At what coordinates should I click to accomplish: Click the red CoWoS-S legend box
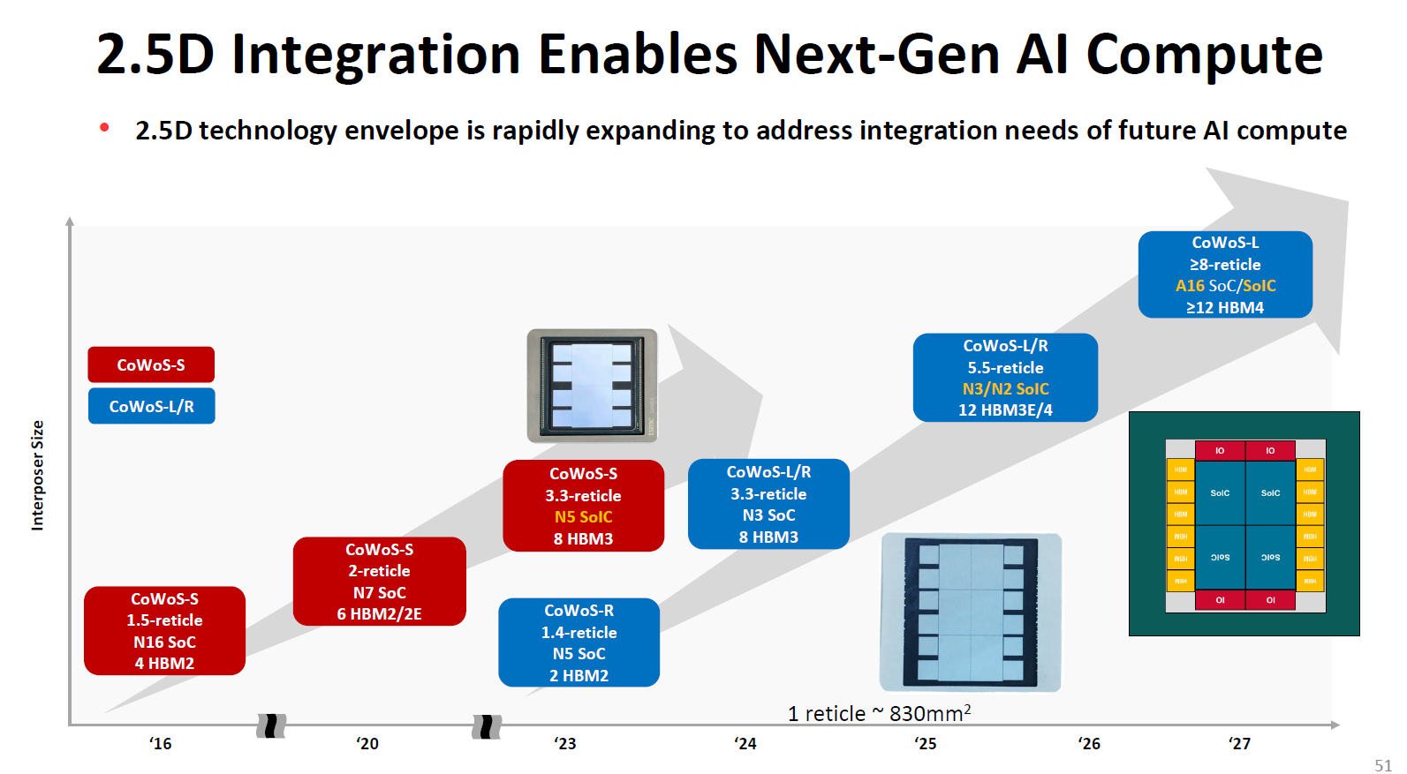point(151,364)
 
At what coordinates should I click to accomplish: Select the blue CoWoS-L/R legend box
point(151,406)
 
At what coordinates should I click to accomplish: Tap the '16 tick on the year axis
point(160,744)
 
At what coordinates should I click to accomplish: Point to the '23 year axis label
point(564,744)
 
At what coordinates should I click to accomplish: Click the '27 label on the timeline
point(1239,744)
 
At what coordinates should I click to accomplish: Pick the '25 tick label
point(925,744)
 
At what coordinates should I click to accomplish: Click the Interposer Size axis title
point(37,475)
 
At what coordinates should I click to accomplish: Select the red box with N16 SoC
point(164,631)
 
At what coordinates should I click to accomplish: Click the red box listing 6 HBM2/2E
point(379,582)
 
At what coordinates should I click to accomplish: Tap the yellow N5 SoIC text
point(583,517)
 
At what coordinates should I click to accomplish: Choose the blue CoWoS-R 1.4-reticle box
point(579,642)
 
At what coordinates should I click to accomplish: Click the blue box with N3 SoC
point(768,504)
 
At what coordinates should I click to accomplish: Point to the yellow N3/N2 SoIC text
point(1005,389)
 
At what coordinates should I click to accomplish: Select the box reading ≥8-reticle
point(1225,274)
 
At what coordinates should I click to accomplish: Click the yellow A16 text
point(1190,286)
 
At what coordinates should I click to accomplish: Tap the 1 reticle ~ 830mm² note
point(879,713)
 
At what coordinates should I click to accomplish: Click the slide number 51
point(1382,765)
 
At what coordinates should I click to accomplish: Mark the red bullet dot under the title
point(104,128)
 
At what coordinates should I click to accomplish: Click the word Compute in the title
point(1204,55)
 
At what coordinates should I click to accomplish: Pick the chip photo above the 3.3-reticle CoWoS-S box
point(592,386)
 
